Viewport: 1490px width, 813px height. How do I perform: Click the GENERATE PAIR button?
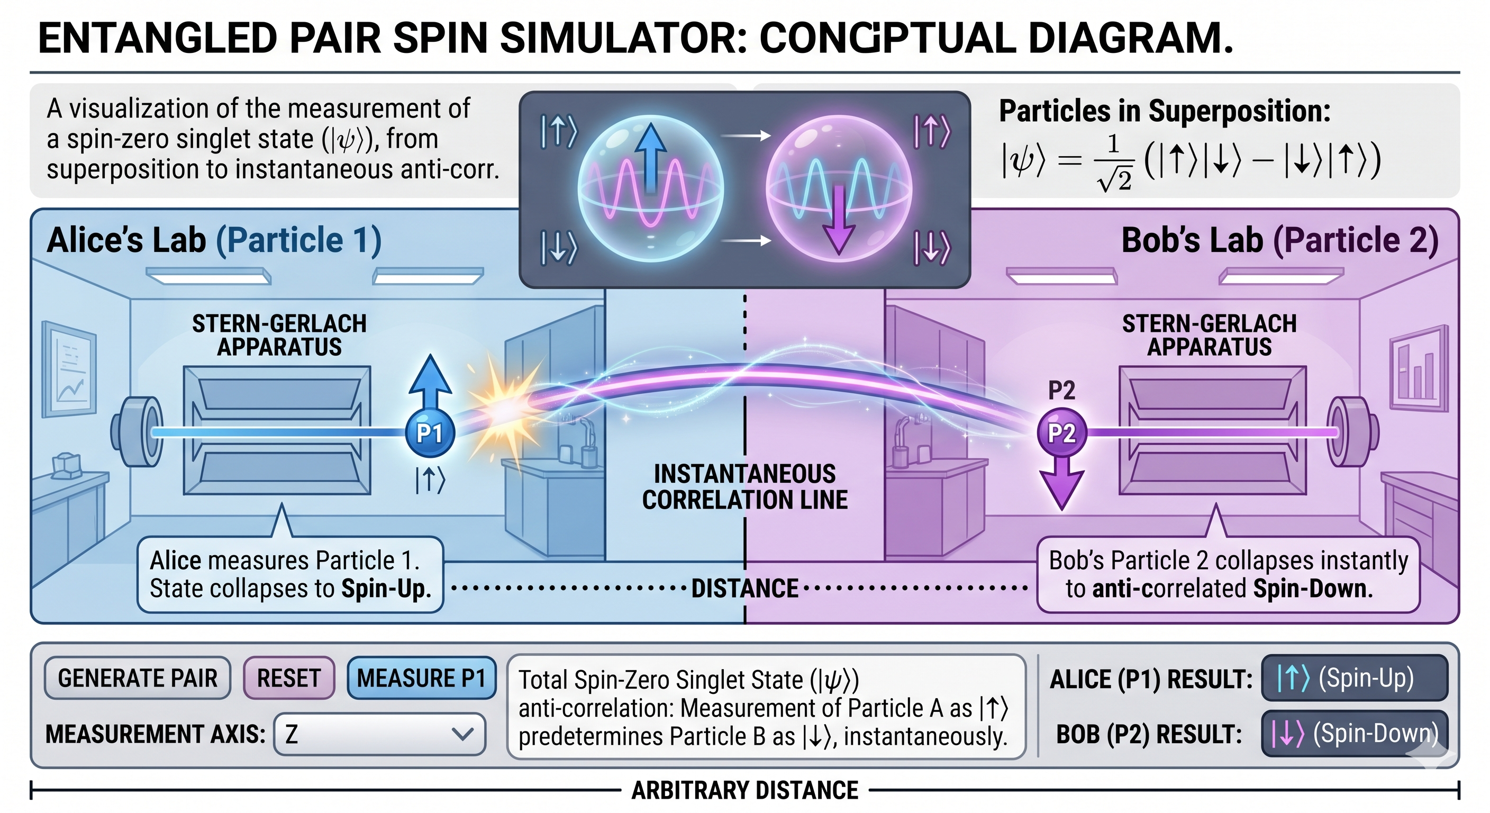[137, 678]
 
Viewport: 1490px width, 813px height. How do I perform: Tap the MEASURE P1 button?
[421, 678]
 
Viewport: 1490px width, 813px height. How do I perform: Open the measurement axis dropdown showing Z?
[379, 734]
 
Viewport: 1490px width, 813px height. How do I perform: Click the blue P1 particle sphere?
[429, 433]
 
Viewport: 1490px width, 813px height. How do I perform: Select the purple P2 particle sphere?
[1061, 433]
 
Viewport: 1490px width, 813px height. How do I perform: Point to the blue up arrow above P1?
[430, 382]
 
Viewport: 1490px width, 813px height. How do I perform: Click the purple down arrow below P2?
[1061, 483]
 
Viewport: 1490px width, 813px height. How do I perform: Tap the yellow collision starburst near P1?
[501, 405]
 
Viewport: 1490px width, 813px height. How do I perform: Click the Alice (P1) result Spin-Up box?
[1354, 678]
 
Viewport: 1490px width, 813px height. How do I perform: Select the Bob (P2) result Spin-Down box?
[1354, 734]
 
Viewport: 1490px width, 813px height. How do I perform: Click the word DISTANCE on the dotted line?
[744, 589]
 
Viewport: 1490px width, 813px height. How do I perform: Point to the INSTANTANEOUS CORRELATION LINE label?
[744, 486]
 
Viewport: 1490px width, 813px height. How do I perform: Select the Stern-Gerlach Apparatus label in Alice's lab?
[279, 335]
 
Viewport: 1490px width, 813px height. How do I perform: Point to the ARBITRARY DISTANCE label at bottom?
[744, 790]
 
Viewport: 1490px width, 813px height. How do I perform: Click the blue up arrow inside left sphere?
[651, 156]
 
